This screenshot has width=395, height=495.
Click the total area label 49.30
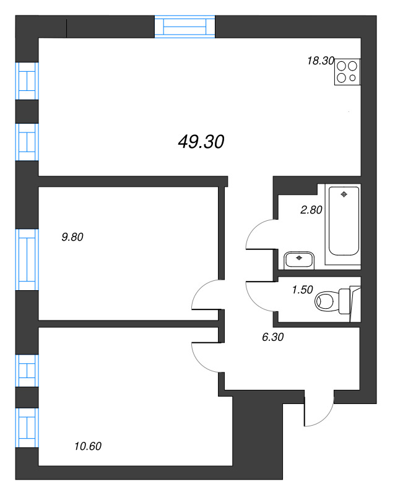tap(200, 142)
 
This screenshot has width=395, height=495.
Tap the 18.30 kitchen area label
tap(320, 61)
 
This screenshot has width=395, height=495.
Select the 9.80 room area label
tap(72, 236)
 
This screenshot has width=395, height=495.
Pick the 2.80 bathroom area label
tap(311, 210)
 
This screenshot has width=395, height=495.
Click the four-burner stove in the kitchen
tap(347, 71)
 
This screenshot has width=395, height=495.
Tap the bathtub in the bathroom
tap(344, 220)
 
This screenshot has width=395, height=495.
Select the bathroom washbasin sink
tap(300, 259)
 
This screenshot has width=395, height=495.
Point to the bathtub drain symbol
tap(344, 194)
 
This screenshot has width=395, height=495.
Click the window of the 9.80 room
tap(27, 259)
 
